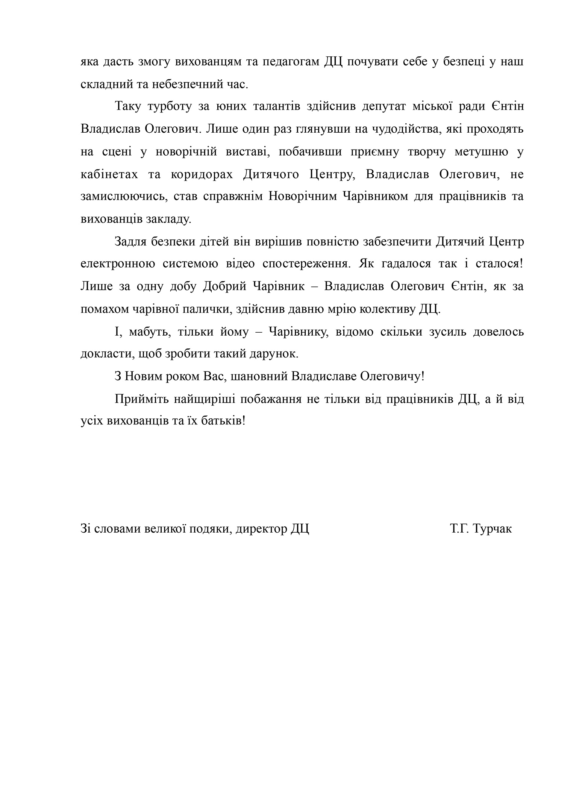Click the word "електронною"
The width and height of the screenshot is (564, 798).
(x=117, y=264)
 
